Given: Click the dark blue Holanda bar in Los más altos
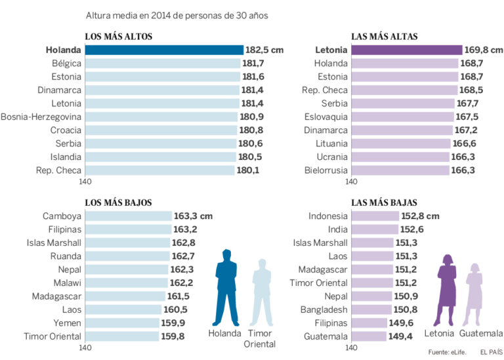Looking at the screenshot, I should click(x=164, y=50).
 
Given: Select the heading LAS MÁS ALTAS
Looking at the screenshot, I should click(x=384, y=37).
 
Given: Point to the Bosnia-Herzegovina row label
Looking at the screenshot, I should click(x=41, y=117).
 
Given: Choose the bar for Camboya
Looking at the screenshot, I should click(x=128, y=216).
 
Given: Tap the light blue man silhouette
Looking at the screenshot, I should click(x=262, y=292).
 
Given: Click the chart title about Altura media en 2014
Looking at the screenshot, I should click(x=177, y=14).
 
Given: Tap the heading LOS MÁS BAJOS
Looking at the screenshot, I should click(x=118, y=203).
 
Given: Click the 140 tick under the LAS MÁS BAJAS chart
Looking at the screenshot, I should click(x=351, y=348).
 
